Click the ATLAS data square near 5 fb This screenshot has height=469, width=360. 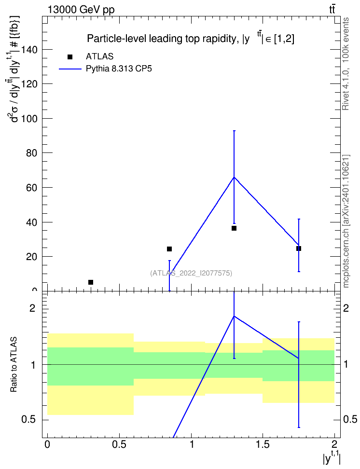click(91, 282)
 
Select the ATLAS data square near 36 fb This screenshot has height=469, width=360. click(234, 228)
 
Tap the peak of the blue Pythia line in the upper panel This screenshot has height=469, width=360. click(234, 177)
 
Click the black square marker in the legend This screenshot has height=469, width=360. click(70, 56)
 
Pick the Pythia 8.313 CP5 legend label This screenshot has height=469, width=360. click(119, 69)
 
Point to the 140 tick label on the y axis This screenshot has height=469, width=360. click(29, 49)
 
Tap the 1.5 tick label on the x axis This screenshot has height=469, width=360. click(263, 444)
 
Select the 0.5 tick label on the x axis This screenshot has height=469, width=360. click(119, 444)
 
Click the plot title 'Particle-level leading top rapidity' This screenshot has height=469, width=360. click(162, 39)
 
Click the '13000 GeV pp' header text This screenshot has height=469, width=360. click(81, 10)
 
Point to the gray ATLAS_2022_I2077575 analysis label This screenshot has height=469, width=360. click(191, 273)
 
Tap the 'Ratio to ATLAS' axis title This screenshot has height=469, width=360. click(14, 365)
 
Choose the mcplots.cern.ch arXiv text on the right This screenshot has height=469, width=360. click(346, 221)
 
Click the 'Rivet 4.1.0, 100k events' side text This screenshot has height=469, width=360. click(346, 64)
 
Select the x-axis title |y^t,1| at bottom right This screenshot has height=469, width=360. click(332, 458)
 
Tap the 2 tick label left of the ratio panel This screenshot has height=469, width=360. click(32, 308)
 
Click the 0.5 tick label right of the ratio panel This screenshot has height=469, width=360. click(350, 419)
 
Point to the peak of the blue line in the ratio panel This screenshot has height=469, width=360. click(234, 316)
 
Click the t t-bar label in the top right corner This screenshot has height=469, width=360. click(332, 9)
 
